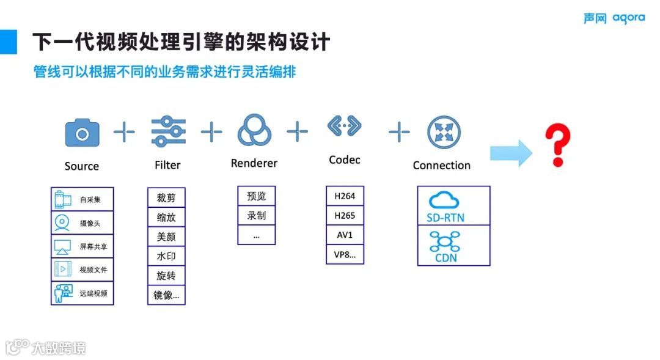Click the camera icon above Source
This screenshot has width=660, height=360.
tap(82, 133)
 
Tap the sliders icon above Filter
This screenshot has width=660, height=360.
tap(169, 131)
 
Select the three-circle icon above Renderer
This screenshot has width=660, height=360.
tap(253, 130)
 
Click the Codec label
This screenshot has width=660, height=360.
tap(345, 160)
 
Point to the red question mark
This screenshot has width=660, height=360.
tap(557, 145)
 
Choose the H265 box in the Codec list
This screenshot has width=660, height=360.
tap(345, 216)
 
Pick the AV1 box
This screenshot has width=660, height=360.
tap(345, 235)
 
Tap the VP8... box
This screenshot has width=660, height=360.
tap(345, 255)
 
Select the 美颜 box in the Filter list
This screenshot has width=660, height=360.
tap(166, 237)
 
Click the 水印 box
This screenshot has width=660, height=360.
tap(166, 256)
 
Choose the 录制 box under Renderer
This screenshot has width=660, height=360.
tap(257, 216)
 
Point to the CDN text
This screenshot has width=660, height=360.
tap(446, 258)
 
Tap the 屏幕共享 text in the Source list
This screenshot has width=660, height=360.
tap(93, 246)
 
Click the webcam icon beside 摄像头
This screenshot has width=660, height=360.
tap(62, 223)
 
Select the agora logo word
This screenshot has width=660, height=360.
tap(629, 18)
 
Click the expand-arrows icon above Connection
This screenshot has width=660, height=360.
tap(444, 132)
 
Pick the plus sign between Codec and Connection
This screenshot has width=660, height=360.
tap(398, 131)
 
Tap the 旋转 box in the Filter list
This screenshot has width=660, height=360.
tap(166, 276)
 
